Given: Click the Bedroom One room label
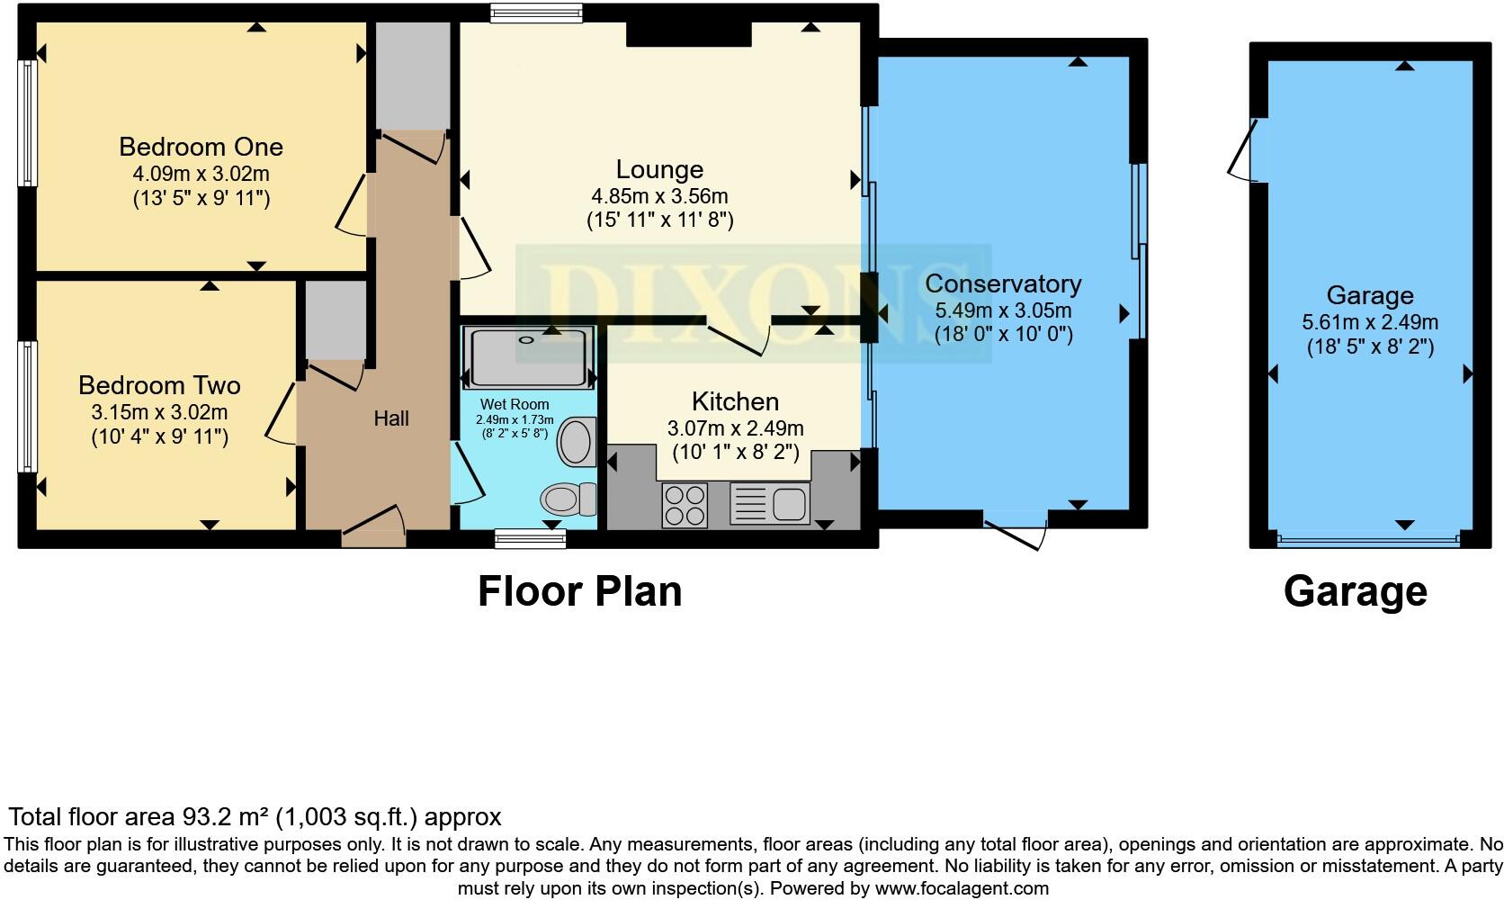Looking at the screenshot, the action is click(201, 147).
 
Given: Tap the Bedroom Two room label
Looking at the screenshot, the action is click(159, 385).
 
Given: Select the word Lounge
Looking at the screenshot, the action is click(659, 170).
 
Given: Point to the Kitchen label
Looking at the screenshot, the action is click(735, 401).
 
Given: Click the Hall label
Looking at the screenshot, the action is click(391, 418).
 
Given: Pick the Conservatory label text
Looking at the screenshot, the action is click(1003, 284).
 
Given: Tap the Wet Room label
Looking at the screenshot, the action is click(515, 404).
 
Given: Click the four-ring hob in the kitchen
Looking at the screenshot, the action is click(685, 505).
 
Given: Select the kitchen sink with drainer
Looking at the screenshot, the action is click(769, 503).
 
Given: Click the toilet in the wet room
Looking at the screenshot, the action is click(568, 499).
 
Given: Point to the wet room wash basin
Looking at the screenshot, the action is click(577, 442).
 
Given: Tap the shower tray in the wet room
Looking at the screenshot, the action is click(529, 356).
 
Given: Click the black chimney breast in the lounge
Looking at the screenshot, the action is click(689, 34).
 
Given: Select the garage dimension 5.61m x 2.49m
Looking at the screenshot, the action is click(1370, 322).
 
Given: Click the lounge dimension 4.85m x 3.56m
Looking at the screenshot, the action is click(659, 197).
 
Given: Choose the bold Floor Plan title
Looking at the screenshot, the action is click(579, 591).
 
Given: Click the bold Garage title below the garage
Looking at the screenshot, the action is click(1356, 592).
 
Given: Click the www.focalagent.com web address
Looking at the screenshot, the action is click(962, 888).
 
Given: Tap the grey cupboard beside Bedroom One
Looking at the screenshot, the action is click(413, 76).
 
